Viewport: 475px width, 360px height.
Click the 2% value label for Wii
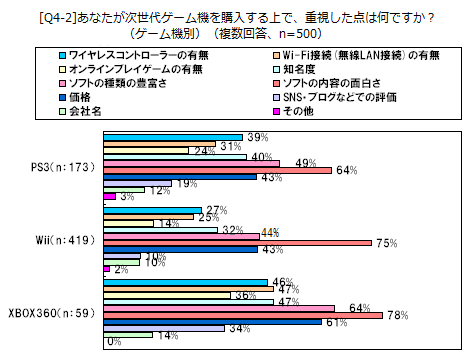(120, 270)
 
